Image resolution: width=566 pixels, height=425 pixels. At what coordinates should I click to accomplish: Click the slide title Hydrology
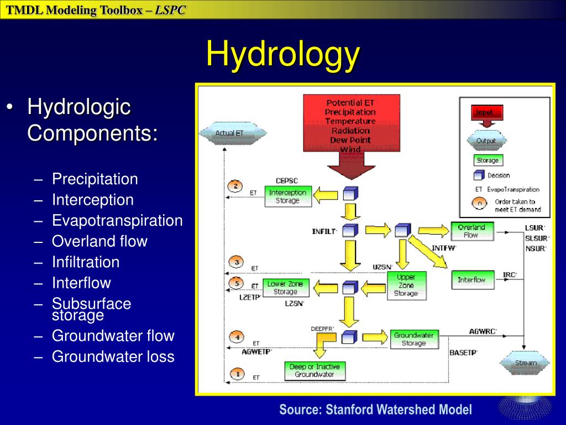(283, 54)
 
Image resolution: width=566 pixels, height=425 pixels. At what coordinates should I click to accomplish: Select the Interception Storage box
(287, 196)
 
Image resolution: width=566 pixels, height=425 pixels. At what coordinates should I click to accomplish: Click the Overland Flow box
(471, 231)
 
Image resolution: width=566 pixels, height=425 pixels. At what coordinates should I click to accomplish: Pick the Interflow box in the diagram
(471, 279)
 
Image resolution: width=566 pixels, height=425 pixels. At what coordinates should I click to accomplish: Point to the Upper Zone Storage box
(406, 285)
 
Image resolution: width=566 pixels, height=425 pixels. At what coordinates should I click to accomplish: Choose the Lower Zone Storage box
(285, 288)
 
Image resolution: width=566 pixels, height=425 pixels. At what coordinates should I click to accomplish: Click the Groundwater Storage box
(413, 339)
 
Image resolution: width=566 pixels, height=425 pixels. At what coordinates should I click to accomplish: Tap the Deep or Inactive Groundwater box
(314, 370)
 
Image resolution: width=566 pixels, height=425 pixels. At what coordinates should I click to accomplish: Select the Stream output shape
(526, 363)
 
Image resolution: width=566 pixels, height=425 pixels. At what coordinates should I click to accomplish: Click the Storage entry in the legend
(488, 160)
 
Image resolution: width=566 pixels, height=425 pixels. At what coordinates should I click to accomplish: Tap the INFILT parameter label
(324, 231)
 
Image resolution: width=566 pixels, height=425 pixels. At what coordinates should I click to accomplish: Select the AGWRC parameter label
(483, 331)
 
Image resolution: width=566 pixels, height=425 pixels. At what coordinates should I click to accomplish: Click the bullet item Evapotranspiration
(117, 221)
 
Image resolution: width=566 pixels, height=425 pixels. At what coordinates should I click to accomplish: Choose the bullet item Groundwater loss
(113, 356)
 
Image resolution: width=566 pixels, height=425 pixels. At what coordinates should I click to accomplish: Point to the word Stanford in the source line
(350, 410)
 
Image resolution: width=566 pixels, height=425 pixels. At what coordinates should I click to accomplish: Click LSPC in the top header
(170, 10)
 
